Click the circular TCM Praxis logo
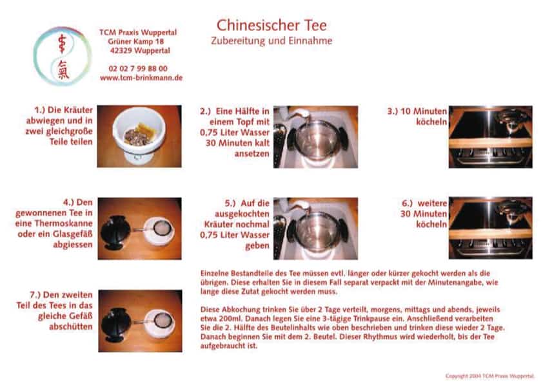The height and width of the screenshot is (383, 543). coord(63,56)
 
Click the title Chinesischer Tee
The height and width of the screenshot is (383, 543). coord(271,25)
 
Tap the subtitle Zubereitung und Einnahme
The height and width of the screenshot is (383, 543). coord(271,41)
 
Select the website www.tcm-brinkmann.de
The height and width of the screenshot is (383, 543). coord(141,77)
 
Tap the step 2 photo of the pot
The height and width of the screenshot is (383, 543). coord(315,136)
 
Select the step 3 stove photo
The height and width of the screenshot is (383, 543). coord(490,136)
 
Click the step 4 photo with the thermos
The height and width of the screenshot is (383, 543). coord(139,228)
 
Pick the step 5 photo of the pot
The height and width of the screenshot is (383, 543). coord(315,228)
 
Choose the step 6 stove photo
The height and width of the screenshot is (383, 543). coord(490,228)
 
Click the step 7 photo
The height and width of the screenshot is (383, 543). coord(139,321)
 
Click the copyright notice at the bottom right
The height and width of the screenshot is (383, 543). coord(490,375)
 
